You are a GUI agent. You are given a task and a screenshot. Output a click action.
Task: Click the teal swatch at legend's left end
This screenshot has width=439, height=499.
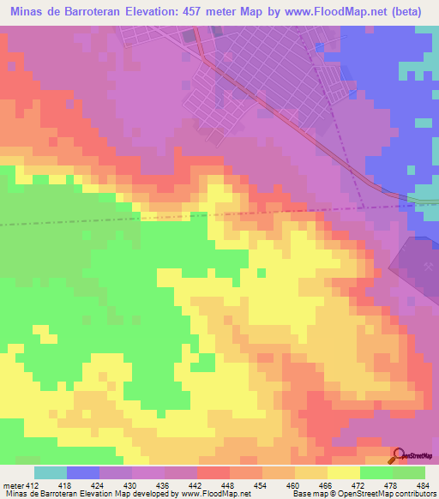[x=51, y=473]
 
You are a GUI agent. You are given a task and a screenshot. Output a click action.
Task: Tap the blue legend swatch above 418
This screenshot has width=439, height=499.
[x=83, y=473]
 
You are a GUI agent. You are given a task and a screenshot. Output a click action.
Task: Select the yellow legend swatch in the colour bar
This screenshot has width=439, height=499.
[x=344, y=473]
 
